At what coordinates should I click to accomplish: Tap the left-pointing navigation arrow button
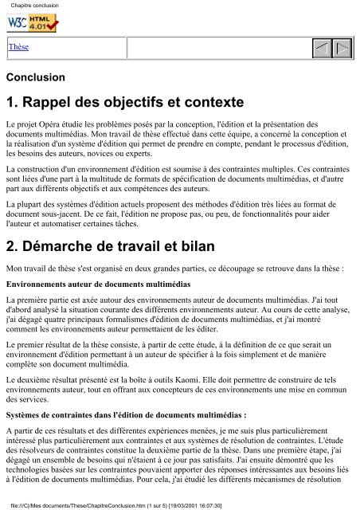click(321, 47)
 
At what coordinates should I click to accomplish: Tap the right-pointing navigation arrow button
click(343, 47)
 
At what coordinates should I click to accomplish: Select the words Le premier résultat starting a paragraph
click(39, 339)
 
